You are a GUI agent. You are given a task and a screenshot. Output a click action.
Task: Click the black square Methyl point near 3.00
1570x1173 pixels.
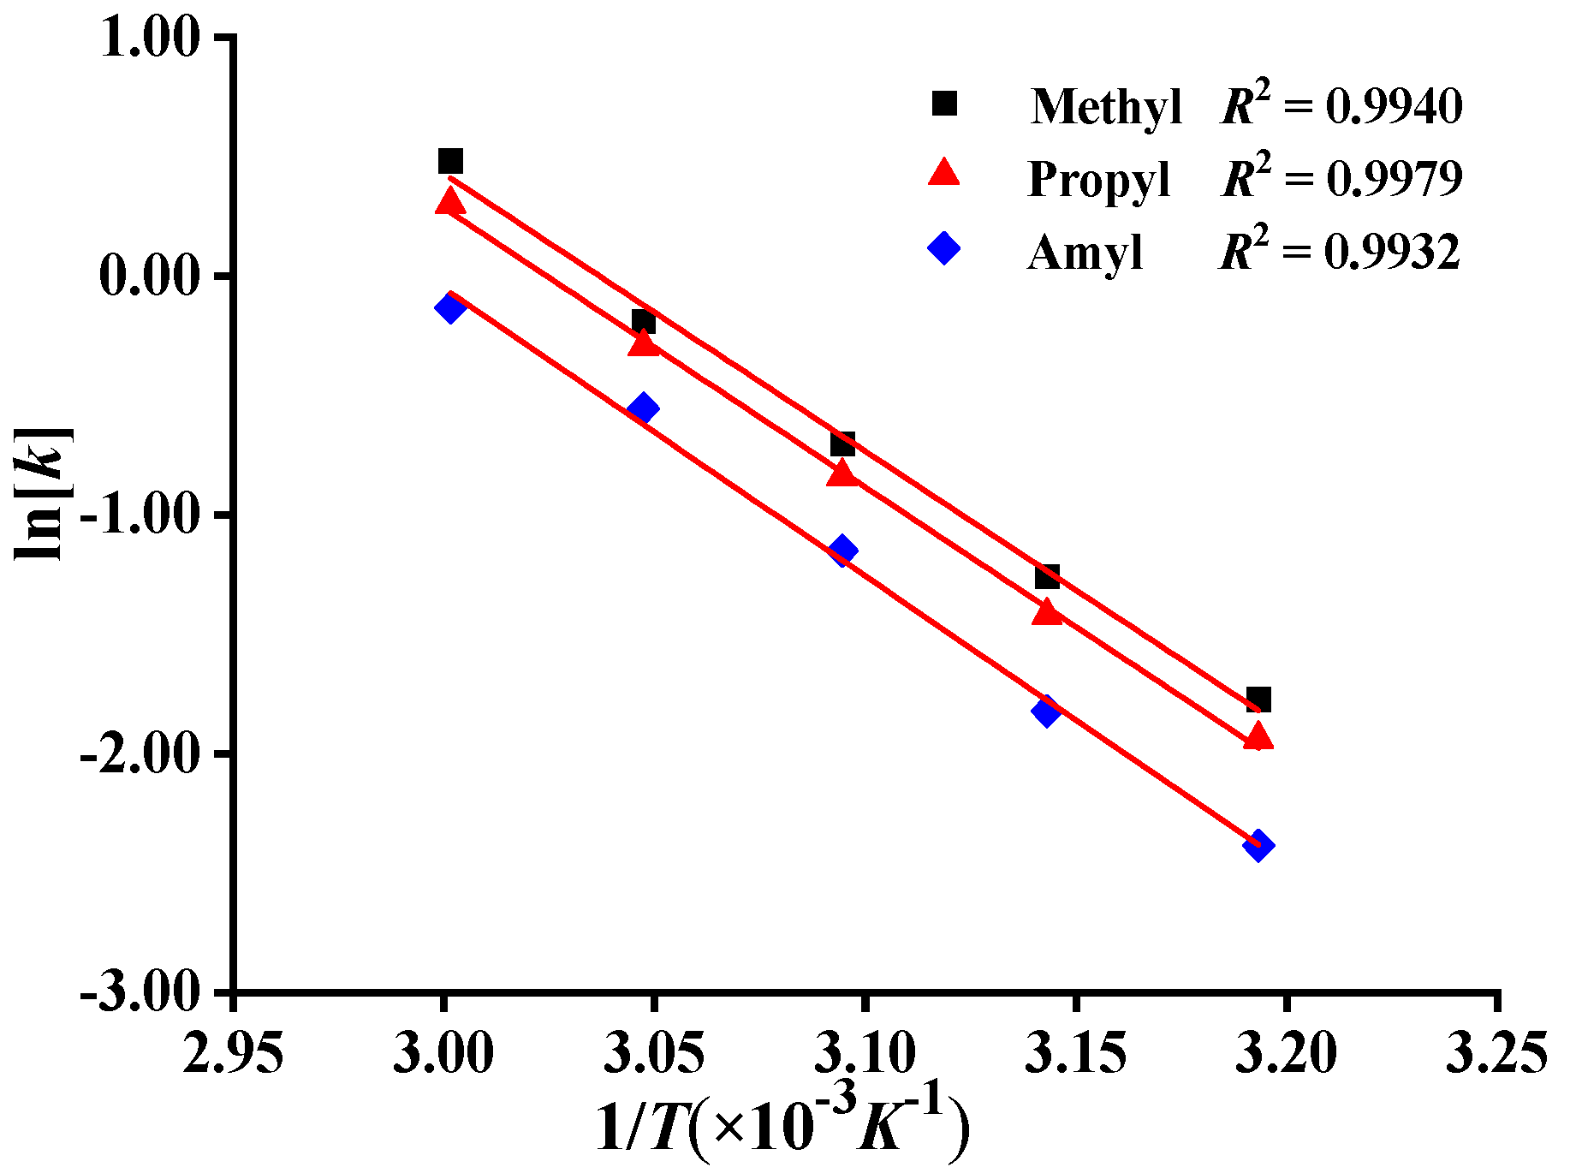(x=450, y=161)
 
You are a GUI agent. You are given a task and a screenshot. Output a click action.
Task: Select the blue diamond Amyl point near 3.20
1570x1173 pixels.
(x=1258, y=846)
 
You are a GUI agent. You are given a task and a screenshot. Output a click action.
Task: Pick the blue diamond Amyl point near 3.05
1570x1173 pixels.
(x=643, y=408)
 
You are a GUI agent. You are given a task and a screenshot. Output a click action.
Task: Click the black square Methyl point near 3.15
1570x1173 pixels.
(x=1047, y=576)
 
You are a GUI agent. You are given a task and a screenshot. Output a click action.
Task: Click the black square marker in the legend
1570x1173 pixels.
(x=944, y=104)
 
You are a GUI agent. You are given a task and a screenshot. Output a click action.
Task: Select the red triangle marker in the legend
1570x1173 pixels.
(x=944, y=174)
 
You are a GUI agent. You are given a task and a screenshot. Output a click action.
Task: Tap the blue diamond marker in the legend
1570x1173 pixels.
(x=944, y=248)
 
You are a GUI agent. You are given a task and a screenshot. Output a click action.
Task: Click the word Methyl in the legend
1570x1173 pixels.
(x=1106, y=109)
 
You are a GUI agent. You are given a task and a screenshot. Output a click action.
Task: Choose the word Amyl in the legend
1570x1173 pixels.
(x=1085, y=253)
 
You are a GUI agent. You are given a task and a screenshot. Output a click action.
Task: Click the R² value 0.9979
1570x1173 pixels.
(x=1394, y=179)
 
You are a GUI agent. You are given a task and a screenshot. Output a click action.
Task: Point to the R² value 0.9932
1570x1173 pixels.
(x=1392, y=253)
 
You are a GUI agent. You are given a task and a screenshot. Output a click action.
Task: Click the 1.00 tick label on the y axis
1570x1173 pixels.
(x=150, y=39)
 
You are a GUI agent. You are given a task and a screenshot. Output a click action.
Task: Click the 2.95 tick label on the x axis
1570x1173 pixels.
(x=233, y=1052)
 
